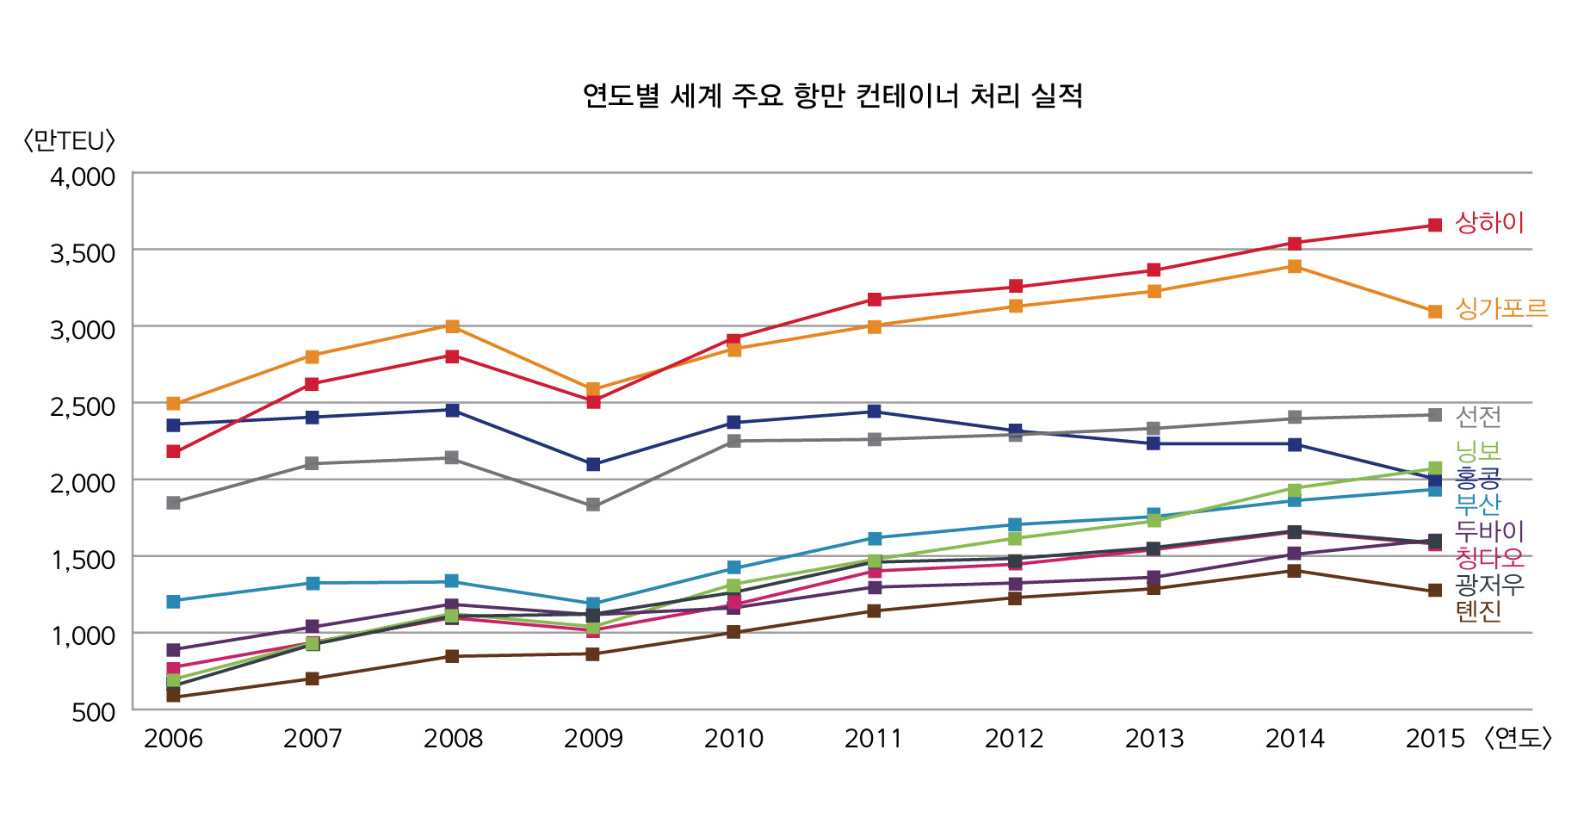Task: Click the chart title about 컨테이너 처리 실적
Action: click(x=832, y=95)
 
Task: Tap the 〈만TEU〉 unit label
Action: click(x=69, y=140)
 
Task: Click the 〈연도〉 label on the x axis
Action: click(x=1518, y=738)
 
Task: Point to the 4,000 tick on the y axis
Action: click(x=83, y=177)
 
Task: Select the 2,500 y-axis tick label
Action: click(x=83, y=406)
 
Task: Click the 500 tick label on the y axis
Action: click(x=94, y=712)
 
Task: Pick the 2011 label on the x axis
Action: click(x=873, y=738)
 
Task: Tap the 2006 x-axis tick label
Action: click(x=173, y=738)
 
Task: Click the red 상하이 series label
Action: click(x=1489, y=222)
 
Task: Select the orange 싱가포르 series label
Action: click(x=1501, y=307)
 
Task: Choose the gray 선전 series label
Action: click(x=1478, y=416)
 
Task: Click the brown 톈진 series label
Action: click(x=1478, y=610)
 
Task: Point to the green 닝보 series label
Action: click(x=1478, y=449)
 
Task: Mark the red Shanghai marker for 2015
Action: click(x=1435, y=225)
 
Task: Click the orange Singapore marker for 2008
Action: click(x=452, y=326)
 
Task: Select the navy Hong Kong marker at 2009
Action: click(x=593, y=464)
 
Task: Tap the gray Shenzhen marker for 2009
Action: click(x=593, y=505)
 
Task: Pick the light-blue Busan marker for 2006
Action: click(x=173, y=601)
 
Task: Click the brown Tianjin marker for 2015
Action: click(x=1435, y=591)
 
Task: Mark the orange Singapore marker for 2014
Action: click(x=1295, y=266)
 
